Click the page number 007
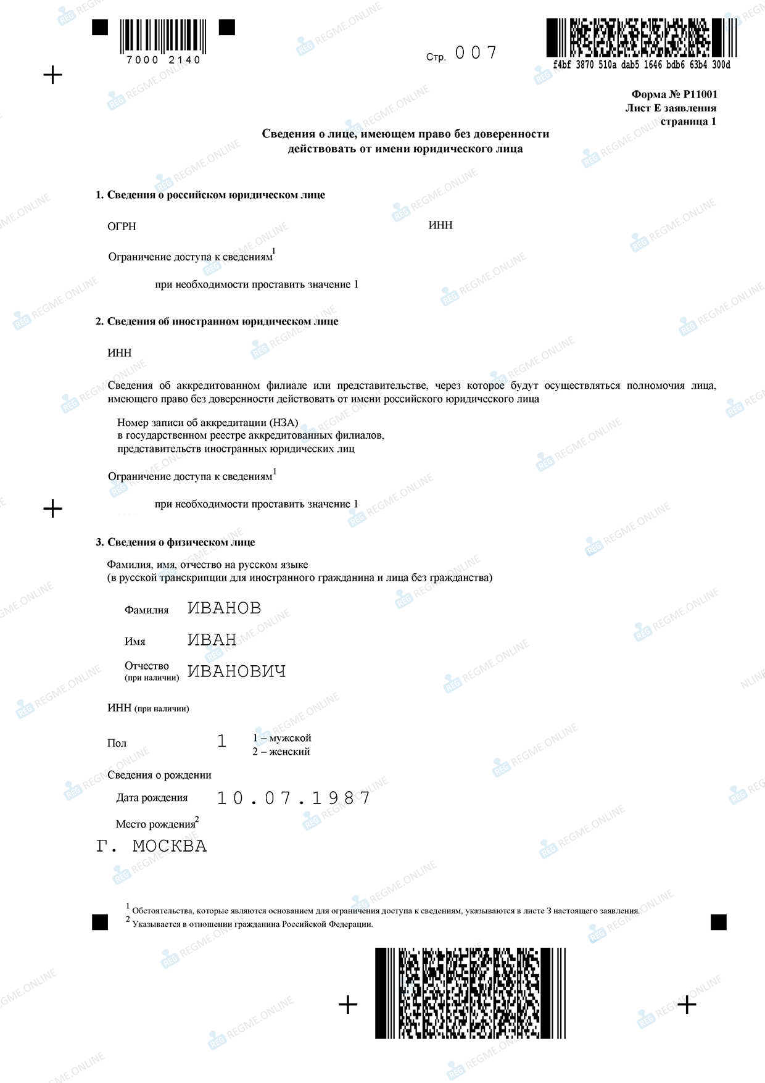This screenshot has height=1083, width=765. [x=476, y=53]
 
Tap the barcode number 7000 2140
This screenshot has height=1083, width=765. [x=163, y=60]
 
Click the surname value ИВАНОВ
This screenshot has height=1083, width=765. [x=224, y=608]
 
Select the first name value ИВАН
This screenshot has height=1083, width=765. [x=212, y=640]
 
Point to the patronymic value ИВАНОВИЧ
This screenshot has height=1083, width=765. [x=236, y=671]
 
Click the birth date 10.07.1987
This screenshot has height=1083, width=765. [x=294, y=798]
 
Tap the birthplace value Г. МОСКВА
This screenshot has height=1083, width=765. [x=152, y=846]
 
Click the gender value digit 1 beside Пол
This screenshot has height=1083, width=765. [x=222, y=741]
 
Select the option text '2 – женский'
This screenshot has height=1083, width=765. [x=281, y=752]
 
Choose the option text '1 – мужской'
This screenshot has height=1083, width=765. [x=282, y=738]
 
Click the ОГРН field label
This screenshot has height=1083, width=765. [x=122, y=226]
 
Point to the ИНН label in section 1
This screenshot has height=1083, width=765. [x=440, y=225]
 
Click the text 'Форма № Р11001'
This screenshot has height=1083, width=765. [x=674, y=94]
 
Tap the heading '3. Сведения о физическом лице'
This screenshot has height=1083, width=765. [x=175, y=542]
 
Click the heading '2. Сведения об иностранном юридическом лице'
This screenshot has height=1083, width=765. [x=217, y=322]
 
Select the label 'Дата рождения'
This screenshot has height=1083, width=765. [x=152, y=798]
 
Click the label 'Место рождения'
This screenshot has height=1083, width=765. [x=155, y=824]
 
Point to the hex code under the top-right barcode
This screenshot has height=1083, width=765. [x=642, y=65]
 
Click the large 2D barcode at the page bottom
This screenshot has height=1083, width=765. [x=470, y=993]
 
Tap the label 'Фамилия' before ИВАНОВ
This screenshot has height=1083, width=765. [x=147, y=610]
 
